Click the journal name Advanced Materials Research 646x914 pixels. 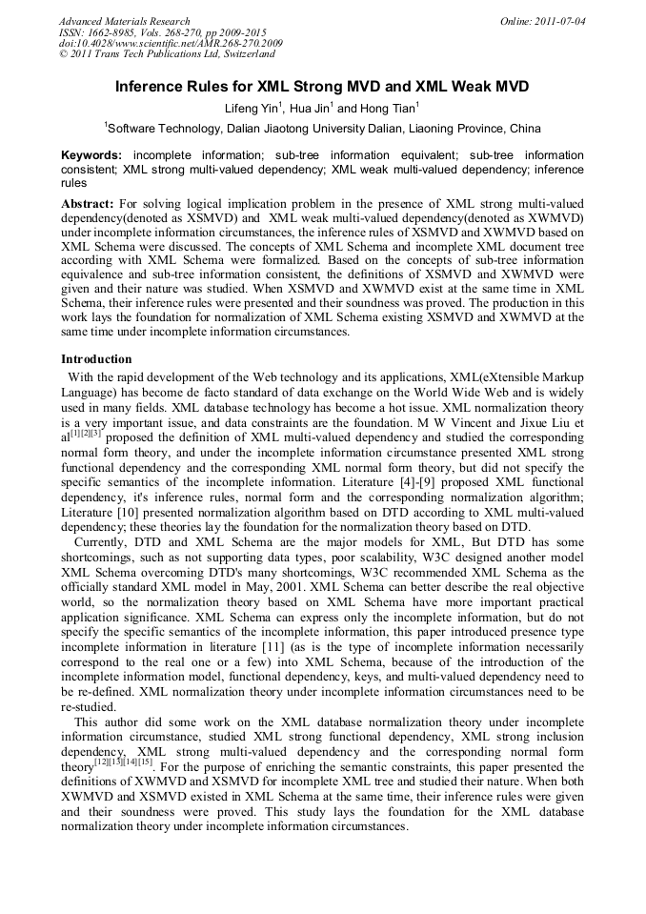coord(124,21)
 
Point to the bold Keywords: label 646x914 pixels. coord(91,154)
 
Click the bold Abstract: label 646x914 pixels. coord(88,204)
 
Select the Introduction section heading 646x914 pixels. coord(96,359)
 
